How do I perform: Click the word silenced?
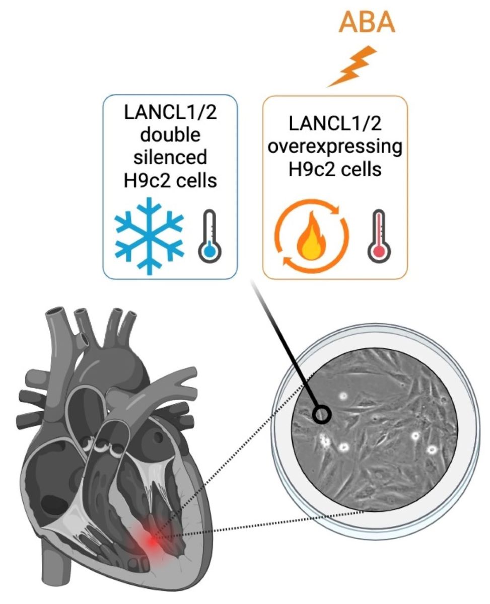pyautogui.click(x=170, y=157)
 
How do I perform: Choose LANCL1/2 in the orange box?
pyautogui.click(x=334, y=124)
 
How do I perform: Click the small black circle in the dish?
pyautogui.click(x=322, y=415)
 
